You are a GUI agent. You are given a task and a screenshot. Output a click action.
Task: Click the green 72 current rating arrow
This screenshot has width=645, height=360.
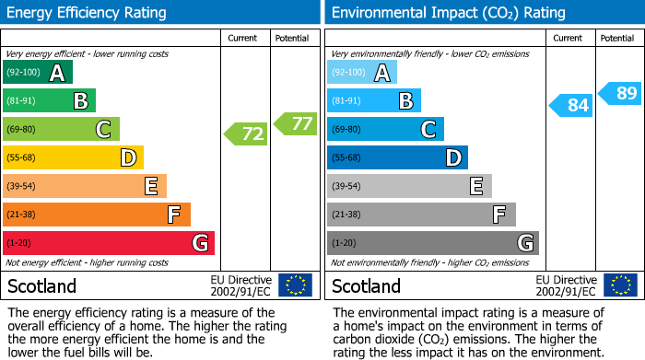tap(246, 134)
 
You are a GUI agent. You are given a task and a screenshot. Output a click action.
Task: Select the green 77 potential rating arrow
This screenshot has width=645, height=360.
tap(295, 123)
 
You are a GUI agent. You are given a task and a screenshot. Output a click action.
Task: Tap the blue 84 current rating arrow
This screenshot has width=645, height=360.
tap(570, 105)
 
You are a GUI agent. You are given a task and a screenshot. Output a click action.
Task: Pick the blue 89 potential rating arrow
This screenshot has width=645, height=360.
tap(619, 93)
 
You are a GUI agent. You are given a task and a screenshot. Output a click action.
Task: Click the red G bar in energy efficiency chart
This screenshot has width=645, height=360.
tap(109, 243)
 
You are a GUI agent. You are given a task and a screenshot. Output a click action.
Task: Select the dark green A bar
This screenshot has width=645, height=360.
tap(38, 73)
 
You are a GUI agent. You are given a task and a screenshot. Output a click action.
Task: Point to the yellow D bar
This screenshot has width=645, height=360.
tap(73, 157)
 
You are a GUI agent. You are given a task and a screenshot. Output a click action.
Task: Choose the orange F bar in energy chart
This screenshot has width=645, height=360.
tap(97, 215)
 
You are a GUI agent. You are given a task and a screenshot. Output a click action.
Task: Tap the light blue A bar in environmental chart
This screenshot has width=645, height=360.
tap(362, 73)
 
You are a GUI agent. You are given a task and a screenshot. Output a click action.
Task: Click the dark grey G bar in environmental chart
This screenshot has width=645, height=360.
tap(432, 243)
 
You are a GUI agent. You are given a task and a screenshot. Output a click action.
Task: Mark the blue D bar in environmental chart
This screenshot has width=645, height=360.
tap(397, 157)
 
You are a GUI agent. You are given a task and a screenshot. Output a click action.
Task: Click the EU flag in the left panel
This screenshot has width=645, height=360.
tap(295, 285)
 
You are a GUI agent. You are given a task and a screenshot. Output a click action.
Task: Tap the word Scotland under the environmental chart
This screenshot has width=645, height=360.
tap(366, 286)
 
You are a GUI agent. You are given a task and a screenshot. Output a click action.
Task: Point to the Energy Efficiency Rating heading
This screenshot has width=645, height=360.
tap(88, 13)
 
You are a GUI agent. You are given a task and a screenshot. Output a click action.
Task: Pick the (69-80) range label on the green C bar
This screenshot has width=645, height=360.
tap(20, 130)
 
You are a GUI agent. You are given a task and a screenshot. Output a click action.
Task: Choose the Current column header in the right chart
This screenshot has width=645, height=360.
tap(569, 38)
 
